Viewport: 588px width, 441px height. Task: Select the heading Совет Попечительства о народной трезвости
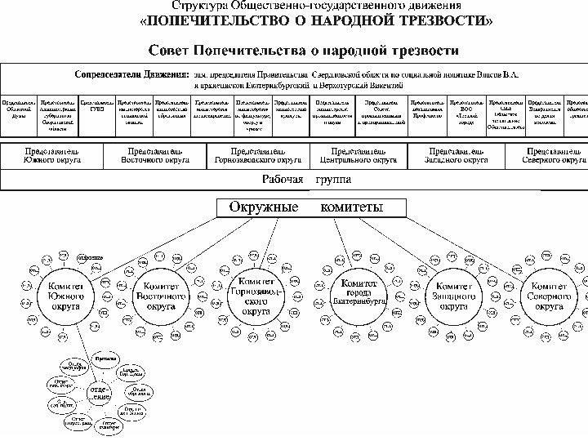point(303,51)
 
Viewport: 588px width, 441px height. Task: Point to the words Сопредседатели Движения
point(131,73)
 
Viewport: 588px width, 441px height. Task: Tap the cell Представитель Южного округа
point(52,156)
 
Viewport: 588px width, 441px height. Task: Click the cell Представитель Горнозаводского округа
point(256,156)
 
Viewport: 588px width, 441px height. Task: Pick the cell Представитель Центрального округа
point(359,156)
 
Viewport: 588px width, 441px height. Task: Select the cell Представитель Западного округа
point(458,156)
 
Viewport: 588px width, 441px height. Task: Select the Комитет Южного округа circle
point(60,295)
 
